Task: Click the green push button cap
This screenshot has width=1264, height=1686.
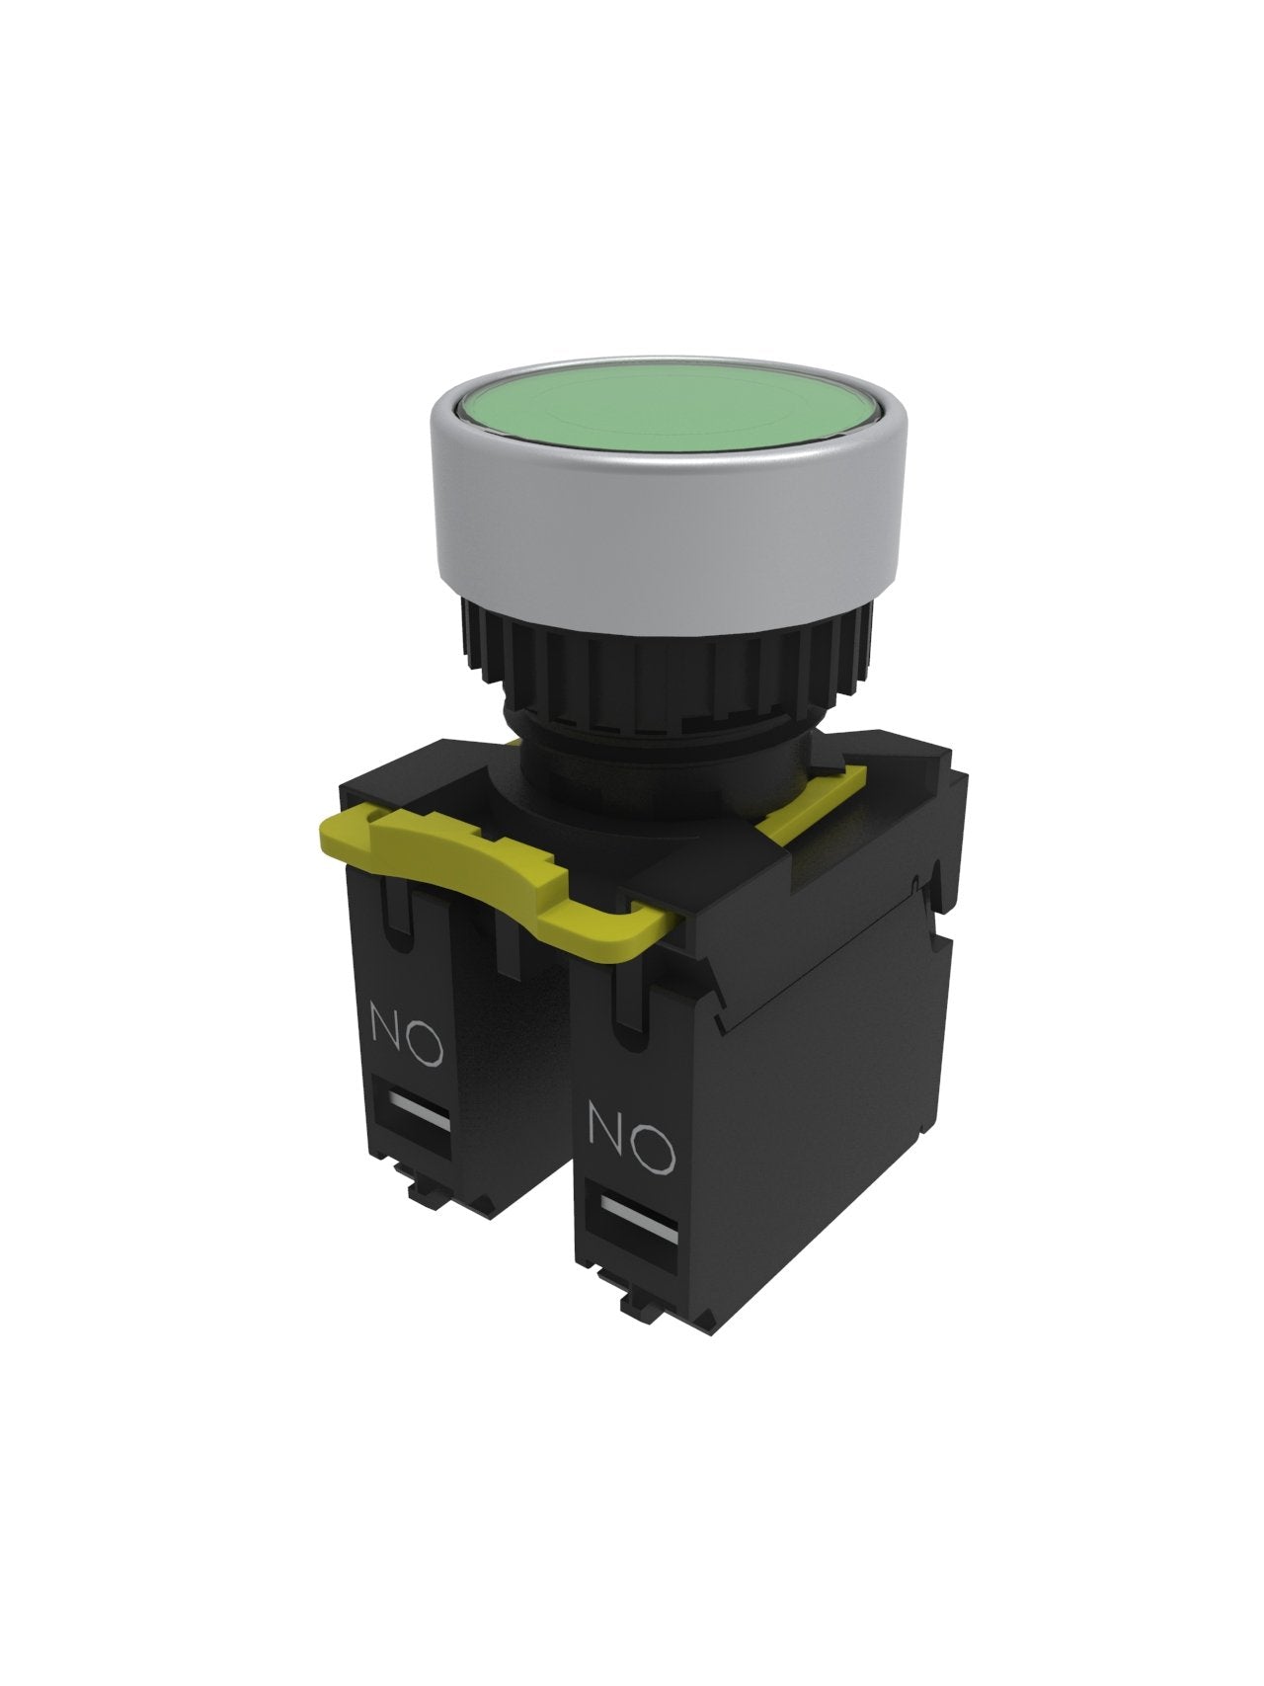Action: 657,413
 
